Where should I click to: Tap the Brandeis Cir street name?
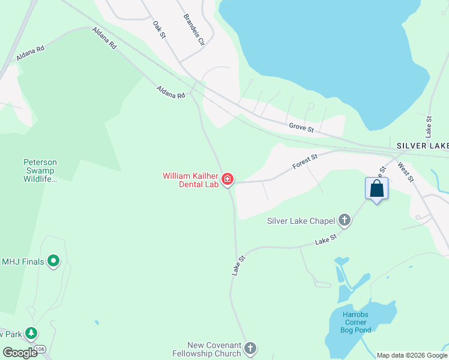tap(194, 29)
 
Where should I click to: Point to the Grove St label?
tap(301, 127)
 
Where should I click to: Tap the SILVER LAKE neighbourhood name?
tap(423, 146)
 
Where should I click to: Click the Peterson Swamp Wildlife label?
tap(40, 170)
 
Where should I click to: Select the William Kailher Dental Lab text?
tap(190, 180)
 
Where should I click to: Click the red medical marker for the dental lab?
tap(228, 179)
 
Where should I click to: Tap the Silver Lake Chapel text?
tap(301, 221)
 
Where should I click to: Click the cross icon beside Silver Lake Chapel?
tap(345, 220)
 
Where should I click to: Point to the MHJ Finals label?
tap(24, 261)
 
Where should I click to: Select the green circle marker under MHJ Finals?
tap(53, 260)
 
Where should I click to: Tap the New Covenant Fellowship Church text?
tap(214, 349)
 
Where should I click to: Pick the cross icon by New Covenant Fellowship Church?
tap(250, 348)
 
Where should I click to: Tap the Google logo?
tap(20, 352)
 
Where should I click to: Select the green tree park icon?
tap(31, 333)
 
